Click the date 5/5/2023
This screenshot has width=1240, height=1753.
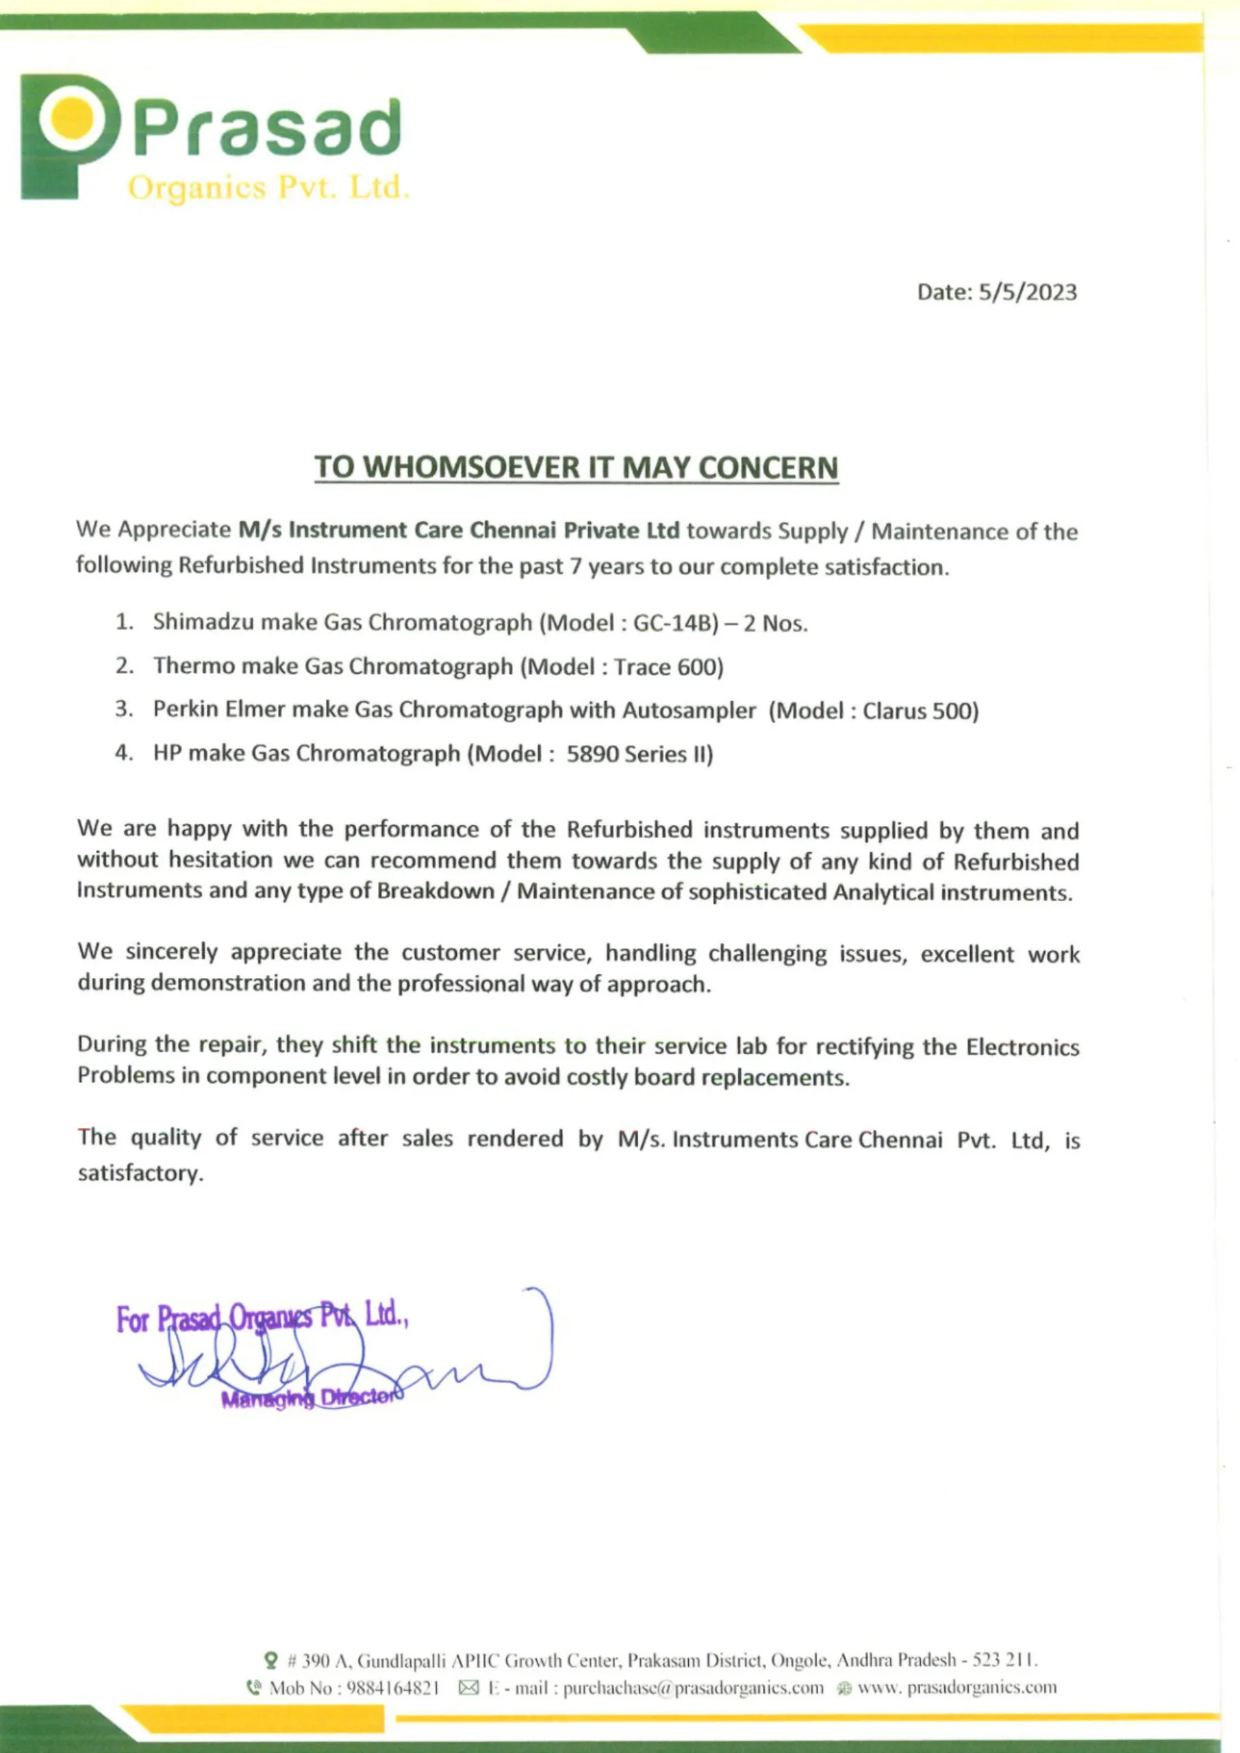click(x=1027, y=292)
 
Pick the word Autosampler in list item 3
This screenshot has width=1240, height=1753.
click(x=689, y=710)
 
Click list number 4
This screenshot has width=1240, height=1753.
click(x=123, y=753)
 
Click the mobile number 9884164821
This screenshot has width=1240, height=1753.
click(x=392, y=1687)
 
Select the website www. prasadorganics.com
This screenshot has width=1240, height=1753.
click(x=957, y=1687)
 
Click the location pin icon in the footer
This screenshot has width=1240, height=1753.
click(x=270, y=1660)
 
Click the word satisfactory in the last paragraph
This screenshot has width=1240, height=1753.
click(x=140, y=1174)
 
